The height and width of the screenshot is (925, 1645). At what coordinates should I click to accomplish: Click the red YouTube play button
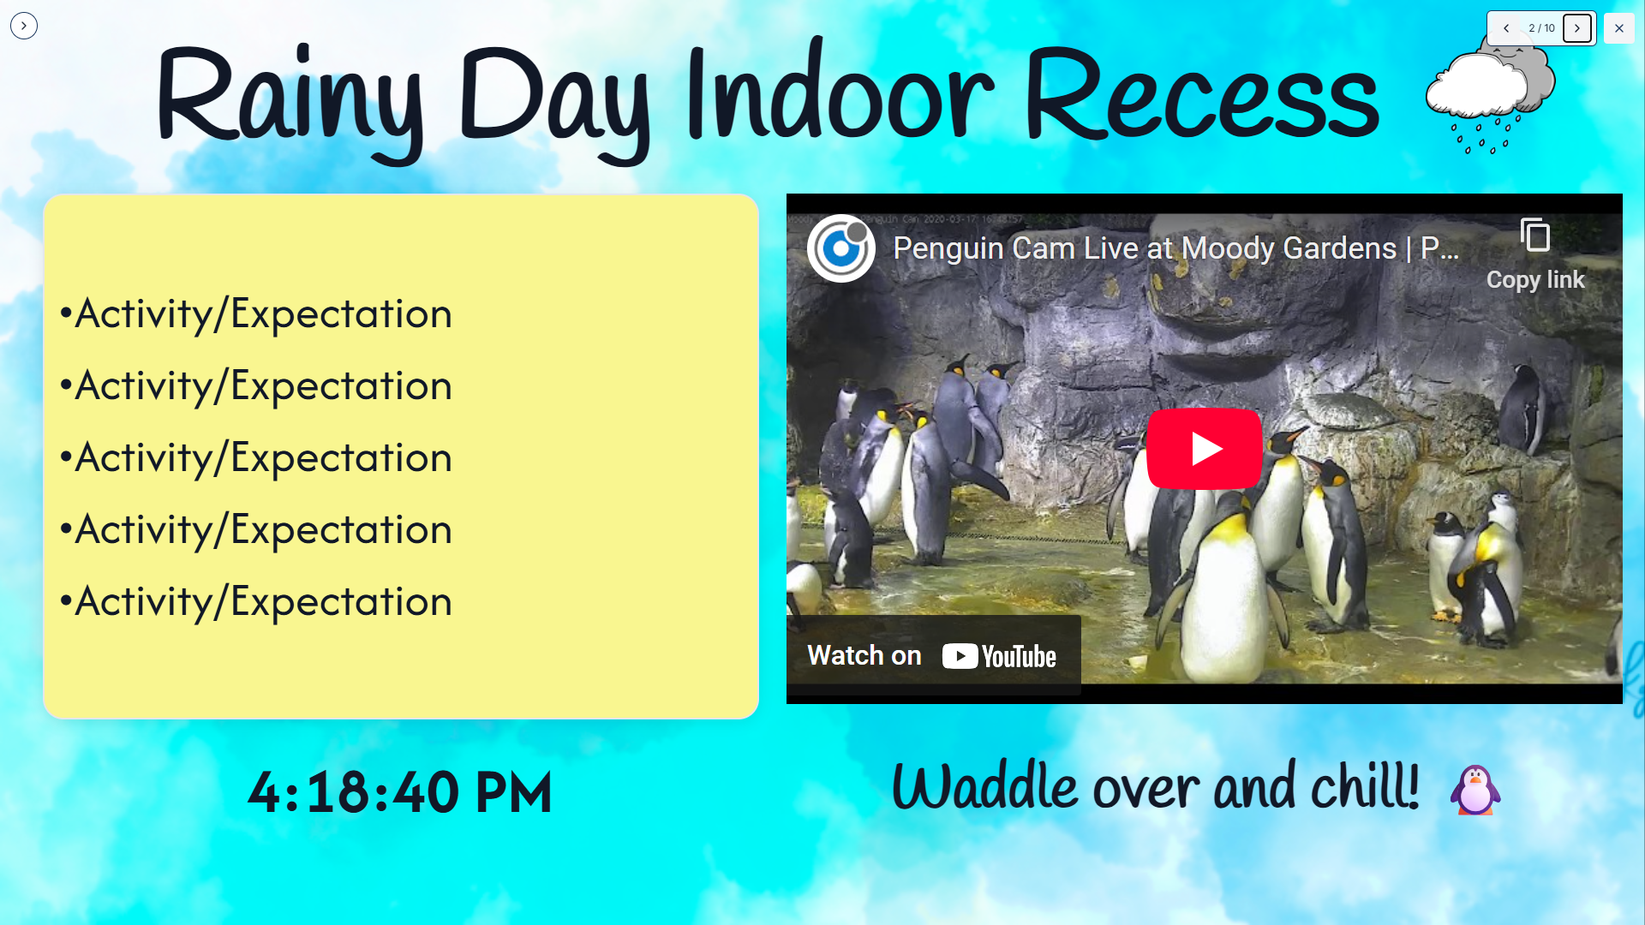pyautogui.click(x=1204, y=448)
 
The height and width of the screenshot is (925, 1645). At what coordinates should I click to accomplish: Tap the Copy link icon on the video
pyautogui.click(x=1535, y=235)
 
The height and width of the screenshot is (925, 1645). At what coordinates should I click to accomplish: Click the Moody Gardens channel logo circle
pyautogui.click(x=840, y=248)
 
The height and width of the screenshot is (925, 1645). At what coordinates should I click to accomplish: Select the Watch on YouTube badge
pyautogui.click(x=933, y=655)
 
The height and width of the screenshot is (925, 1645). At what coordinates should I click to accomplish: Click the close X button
pyautogui.click(x=1618, y=28)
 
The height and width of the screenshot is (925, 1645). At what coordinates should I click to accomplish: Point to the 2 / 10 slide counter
pyautogui.click(x=1541, y=28)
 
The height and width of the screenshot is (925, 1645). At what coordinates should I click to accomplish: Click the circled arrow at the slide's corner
pyautogui.click(x=24, y=26)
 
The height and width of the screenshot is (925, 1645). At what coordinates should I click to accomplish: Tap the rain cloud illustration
pyautogui.click(x=1491, y=96)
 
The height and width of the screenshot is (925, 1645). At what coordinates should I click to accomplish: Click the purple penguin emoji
pyautogui.click(x=1475, y=790)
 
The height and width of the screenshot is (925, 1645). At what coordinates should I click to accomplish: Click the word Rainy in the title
pyautogui.click(x=290, y=101)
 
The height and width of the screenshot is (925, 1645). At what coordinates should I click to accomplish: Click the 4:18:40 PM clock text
pyautogui.click(x=400, y=792)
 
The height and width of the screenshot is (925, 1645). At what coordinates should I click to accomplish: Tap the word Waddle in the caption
pyautogui.click(x=984, y=785)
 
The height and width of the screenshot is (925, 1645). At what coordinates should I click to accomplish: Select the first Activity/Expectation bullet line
pyautogui.click(x=255, y=314)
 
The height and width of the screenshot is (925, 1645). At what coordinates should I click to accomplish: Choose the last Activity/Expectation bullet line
pyautogui.click(x=255, y=602)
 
